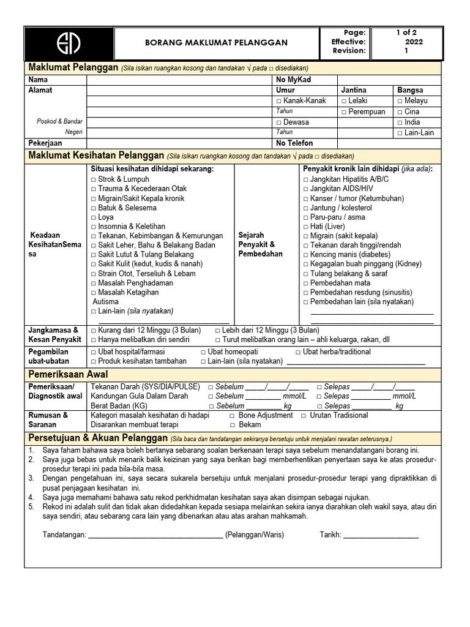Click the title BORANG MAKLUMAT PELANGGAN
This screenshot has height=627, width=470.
(x=207, y=43)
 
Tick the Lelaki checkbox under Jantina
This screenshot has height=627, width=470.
(x=344, y=101)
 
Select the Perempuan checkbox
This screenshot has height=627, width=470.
(x=344, y=112)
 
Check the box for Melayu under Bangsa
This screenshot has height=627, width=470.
(x=400, y=101)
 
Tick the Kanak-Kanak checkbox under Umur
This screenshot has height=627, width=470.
(x=279, y=101)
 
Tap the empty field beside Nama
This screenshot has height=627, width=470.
(x=180, y=80)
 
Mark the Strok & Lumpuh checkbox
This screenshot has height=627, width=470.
(x=94, y=179)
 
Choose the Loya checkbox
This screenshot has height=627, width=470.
(x=94, y=217)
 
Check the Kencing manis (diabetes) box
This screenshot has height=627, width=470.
(x=305, y=255)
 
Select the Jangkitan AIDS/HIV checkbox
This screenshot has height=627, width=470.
(x=305, y=189)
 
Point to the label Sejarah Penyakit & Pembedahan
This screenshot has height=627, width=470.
(x=260, y=244)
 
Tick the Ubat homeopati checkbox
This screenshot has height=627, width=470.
(x=203, y=352)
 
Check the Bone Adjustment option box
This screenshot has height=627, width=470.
(x=233, y=415)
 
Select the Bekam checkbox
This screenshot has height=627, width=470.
(x=233, y=425)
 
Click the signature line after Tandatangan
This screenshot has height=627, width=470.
(x=155, y=535)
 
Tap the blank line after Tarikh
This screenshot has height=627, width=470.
(x=381, y=535)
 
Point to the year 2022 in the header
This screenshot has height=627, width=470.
(x=414, y=42)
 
